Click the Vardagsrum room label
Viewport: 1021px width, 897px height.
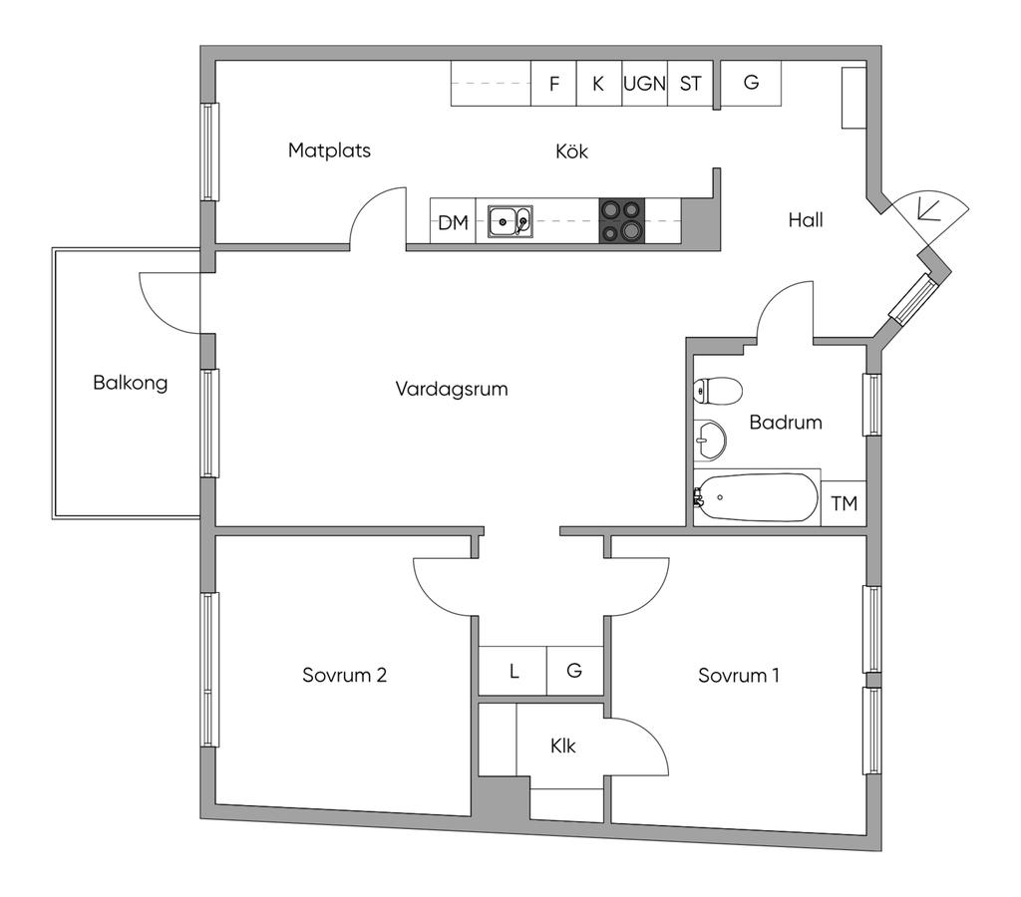(452, 390)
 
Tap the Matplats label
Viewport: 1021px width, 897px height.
(329, 150)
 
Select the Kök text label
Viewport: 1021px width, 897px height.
(571, 151)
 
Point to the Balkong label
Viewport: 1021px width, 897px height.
(131, 382)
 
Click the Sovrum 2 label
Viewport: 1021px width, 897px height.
(344, 675)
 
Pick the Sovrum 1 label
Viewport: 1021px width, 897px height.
(739, 676)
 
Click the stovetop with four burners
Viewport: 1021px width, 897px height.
(622, 220)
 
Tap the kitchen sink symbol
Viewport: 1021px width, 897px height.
(510, 221)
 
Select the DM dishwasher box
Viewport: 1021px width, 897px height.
(454, 221)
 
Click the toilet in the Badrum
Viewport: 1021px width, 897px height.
(718, 391)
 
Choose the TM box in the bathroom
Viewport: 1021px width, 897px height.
(844, 503)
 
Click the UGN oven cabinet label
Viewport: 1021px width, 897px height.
(645, 84)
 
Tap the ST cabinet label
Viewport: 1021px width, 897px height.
(690, 84)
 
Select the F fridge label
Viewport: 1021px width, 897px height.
(554, 84)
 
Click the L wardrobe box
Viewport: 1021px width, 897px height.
(513, 671)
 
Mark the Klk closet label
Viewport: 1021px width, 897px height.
(562, 746)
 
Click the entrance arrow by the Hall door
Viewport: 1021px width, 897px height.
(924, 208)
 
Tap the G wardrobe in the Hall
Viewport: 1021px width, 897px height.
(752, 83)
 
